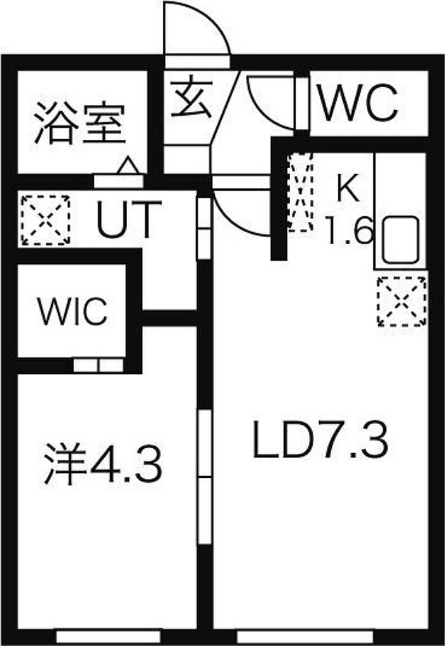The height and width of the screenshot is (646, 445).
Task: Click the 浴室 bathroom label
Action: [x=79, y=122]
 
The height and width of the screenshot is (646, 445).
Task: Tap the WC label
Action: [x=359, y=103]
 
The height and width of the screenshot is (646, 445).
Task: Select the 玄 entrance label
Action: [x=191, y=99]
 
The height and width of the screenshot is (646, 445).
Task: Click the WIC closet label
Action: [x=71, y=312]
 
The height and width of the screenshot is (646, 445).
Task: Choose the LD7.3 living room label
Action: [x=320, y=441]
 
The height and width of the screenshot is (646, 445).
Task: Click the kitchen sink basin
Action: [x=400, y=240]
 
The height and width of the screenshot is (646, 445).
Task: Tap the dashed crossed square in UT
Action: [x=45, y=220]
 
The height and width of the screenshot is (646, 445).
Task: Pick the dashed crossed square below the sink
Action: [x=402, y=301]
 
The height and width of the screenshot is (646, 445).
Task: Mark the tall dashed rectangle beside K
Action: [x=300, y=191]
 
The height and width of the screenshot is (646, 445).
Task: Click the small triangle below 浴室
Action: [x=128, y=166]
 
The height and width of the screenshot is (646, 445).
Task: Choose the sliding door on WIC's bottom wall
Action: [x=98, y=366]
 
